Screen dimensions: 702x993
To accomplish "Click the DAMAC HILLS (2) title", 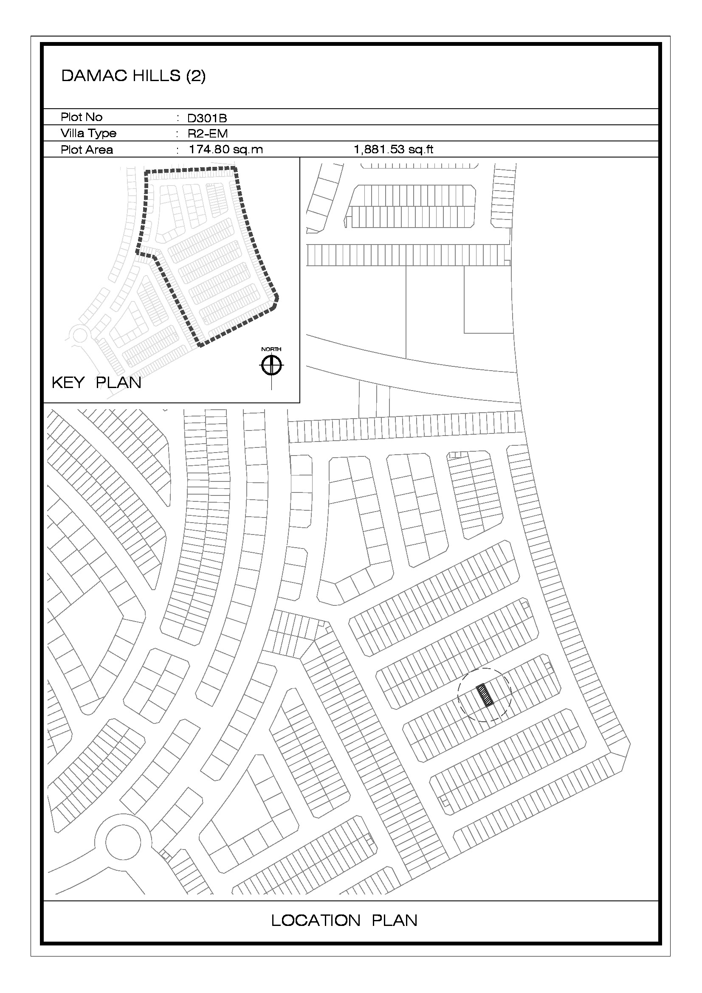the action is pos(133,76).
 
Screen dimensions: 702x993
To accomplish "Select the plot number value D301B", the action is pos(207,118).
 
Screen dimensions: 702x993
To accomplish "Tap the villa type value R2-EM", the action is pos(208,134).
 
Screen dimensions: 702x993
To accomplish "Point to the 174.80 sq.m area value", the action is pos(226,149).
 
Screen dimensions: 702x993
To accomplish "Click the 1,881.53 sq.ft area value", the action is pos(394,149).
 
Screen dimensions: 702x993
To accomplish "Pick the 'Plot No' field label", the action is pos(82,117).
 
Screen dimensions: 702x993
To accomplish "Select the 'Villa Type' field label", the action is pos(89,133).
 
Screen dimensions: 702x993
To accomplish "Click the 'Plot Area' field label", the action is pos(87,149).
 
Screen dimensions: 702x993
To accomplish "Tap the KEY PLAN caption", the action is pos(96,383).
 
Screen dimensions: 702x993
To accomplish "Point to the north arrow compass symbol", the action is pos(271,366).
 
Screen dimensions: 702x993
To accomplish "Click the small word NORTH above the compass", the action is pos(271,349).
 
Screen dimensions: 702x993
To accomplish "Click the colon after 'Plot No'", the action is pos(178,118).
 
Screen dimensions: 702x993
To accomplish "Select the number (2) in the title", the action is pos(196,76).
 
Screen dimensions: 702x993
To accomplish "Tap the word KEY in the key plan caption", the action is pos(68,383).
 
